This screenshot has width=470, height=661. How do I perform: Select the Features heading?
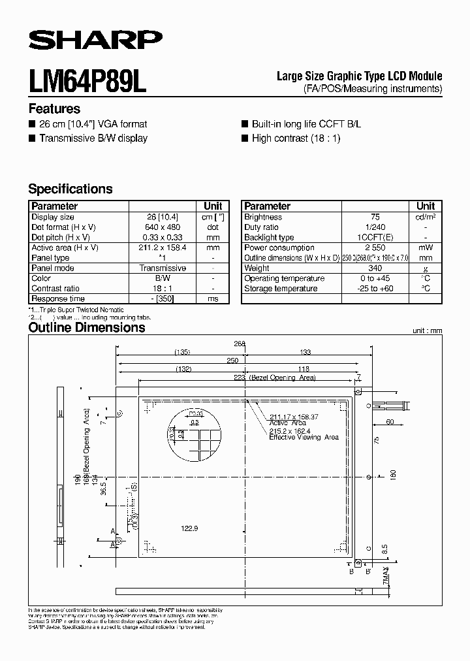click(x=54, y=109)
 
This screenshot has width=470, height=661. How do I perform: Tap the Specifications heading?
click(x=70, y=189)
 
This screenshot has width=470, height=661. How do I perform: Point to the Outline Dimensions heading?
click(x=87, y=328)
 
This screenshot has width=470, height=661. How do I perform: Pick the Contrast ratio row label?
click(x=55, y=288)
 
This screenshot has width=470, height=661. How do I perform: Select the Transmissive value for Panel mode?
click(x=163, y=268)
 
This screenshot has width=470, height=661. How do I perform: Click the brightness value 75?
click(x=375, y=217)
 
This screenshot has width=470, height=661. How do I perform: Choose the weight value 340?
click(x=375, y=268)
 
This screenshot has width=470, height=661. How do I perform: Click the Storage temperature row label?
click(x=281, y=288)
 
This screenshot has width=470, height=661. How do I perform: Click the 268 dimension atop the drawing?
click(x=239, y=344)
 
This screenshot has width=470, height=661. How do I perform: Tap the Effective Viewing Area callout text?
click(x=304, y=438)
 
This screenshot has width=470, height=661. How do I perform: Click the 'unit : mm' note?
click(x=427, y=331)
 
